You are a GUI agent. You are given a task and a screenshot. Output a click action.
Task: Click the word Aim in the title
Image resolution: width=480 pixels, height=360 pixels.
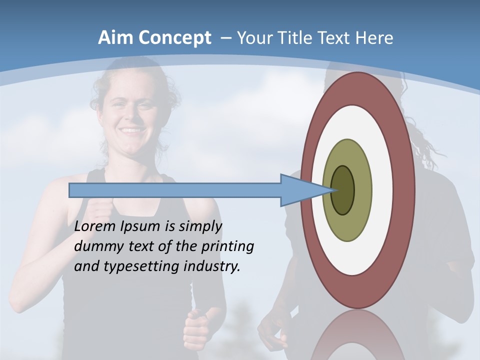click(115, 37)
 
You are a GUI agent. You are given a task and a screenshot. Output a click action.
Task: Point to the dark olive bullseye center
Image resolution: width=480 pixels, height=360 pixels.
click(343, 190)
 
